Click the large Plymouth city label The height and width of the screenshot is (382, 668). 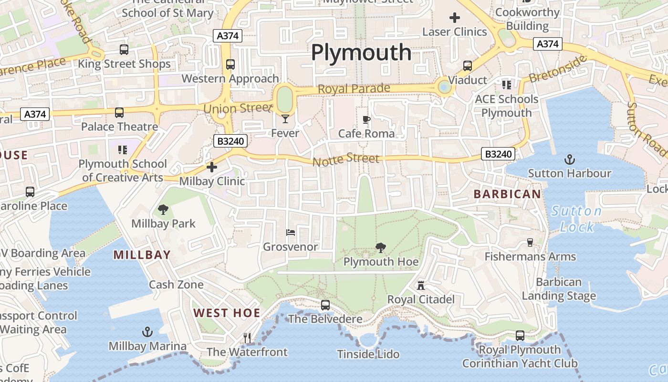pyautogui.click(x=361, y=53)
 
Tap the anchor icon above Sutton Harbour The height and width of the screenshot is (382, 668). pyautogui.click(x=569, y=159)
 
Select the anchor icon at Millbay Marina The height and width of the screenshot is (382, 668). pyautogui.click(x=147, y=332)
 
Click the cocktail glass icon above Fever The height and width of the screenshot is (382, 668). pyautogui.click(x=285, y=118)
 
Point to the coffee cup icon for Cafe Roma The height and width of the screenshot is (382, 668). pyautogui.click(x=366, y=119)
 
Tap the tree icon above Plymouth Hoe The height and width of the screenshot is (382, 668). pyautogui.click(x=381, y=247)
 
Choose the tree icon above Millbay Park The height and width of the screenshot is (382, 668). pyautogui.click(x=163, y=209)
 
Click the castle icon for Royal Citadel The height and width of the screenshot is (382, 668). pyautogui.click(x=420, y=286)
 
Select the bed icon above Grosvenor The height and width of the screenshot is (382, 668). pyautogui.click(x=291, y=233)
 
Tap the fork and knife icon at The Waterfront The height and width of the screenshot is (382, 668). pyautogui.click(x=247, y=338)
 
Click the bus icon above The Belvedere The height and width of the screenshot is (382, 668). pyautogui.click(x=325, y=305)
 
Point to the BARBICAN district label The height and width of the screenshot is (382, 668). pyautogui.click(x=507, y=194)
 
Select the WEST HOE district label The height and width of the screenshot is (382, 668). pyautogui.click(x=227, y=313)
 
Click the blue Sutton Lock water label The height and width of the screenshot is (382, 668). pyautogui.click(x=576, y=219)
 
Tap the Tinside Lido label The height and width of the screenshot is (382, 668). pyautogui.click(x=368, y=354)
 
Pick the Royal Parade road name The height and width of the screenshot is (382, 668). pyautogui.click(x=354, y=89)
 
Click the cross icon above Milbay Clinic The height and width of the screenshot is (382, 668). pyautogui.click(x=212, y=167)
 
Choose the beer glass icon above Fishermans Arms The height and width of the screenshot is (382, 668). pyautogui.click(x=530, y=243)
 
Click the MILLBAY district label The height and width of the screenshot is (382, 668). pyautogui.click(x=142, y=255)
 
